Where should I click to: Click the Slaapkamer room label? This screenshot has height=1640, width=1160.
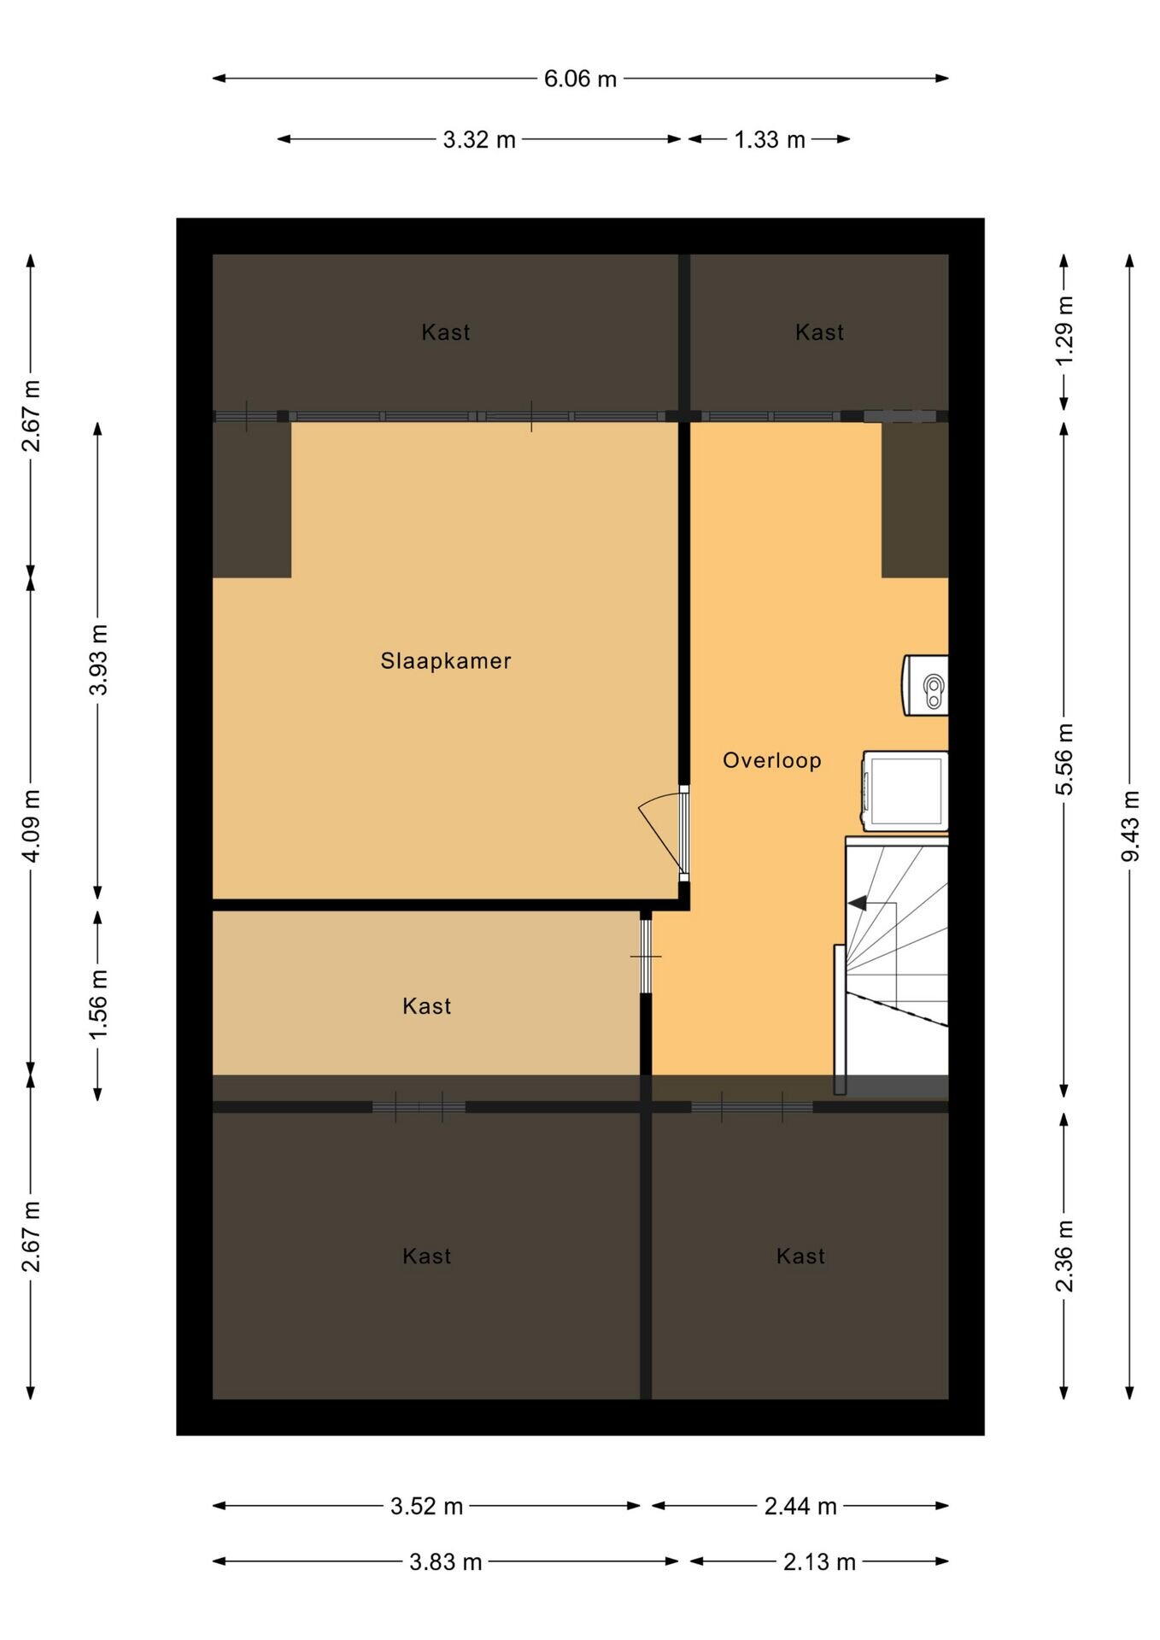[446, 660]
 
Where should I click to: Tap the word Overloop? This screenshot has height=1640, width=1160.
[772, 760]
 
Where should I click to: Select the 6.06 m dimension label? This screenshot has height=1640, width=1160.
[580, 79]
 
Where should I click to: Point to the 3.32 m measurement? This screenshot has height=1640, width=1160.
[479, 139]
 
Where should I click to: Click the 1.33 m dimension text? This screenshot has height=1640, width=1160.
[770, 139]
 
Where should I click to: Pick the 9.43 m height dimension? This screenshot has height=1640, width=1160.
[1130, 826]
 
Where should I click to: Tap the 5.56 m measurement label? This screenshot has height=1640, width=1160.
[1064, 759]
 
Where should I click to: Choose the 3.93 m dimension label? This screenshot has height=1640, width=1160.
[98, 659]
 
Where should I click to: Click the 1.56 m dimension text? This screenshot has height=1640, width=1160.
[98, 1004]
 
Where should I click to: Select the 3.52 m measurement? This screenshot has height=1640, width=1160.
[426, 1506]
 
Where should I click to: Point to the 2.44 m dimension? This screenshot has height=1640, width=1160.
[800, 1506]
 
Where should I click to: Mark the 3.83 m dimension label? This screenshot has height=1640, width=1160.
[446, 1561]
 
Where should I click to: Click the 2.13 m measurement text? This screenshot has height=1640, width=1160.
[819, 1561]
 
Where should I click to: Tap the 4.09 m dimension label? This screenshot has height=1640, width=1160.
[32, 826]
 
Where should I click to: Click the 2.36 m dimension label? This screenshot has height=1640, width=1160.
[1064, 1256]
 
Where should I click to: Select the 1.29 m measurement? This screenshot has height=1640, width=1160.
[1064, 331]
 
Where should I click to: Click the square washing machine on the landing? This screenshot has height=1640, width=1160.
[905, 791]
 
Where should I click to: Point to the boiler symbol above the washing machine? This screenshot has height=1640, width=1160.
[926, 685]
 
